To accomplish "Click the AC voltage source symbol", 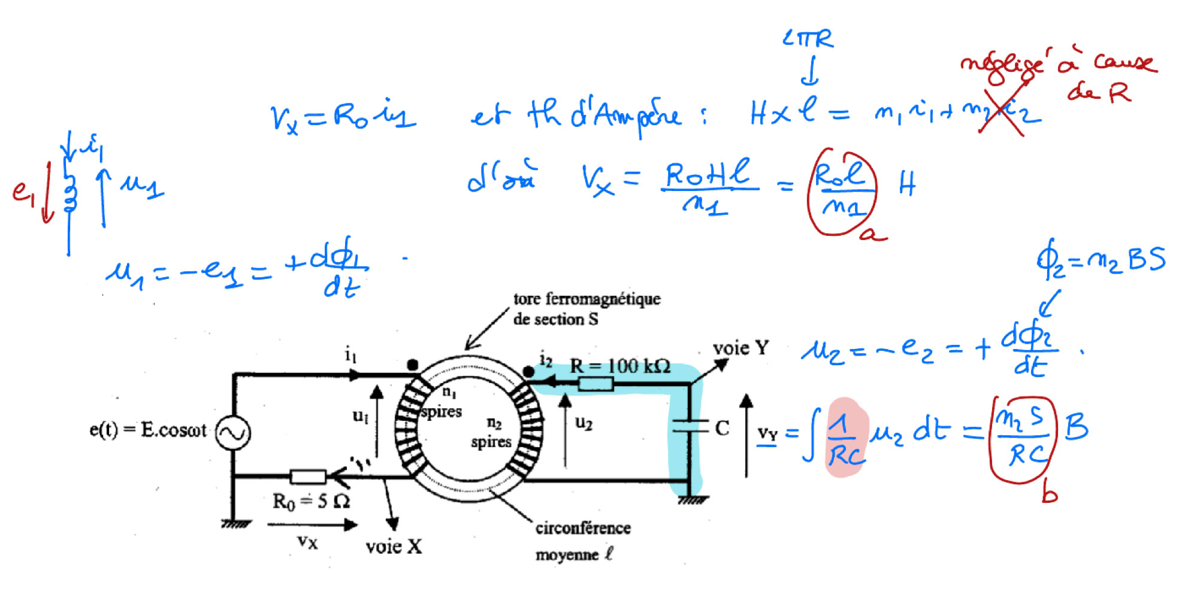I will pos(232,433).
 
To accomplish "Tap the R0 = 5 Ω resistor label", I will pos(310,502).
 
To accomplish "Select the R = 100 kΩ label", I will pos(619,366).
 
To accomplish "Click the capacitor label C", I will pos(722,428).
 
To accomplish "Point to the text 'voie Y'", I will pos(740,348).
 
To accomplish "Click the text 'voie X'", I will pos(394,546).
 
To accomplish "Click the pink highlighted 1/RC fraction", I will pos(845,439).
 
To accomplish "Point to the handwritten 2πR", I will pos(808,40).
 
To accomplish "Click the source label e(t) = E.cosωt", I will pos(147,430).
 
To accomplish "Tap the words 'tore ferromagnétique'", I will pos(587,299).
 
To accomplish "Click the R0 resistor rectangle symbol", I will pos(308,476).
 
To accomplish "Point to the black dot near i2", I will pos(528,372).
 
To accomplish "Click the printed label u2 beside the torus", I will pos(583,423).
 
